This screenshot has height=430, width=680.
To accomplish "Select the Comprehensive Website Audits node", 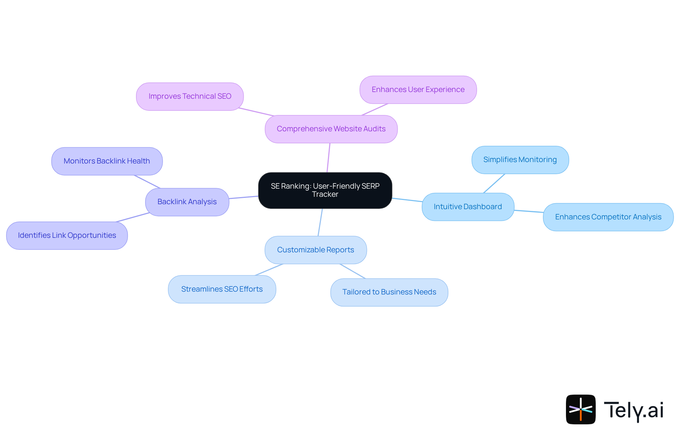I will [x=331, y=129].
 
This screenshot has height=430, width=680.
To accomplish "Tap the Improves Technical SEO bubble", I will [x=190, y=96].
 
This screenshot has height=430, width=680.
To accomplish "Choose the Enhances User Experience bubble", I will [x=418, y=90].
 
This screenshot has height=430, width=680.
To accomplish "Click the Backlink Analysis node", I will [x=187, y=202].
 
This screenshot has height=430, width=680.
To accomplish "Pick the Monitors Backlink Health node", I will [x=107, y=161].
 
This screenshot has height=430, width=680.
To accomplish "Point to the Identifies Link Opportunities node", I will [x=67, y=235].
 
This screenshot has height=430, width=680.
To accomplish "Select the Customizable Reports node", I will [x=316, y=250].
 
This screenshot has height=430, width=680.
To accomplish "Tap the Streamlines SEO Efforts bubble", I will [x=222, y=289].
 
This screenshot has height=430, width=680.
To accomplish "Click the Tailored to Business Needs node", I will [x=389, y=292].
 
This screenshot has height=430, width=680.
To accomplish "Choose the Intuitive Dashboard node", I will [x=467, y=207].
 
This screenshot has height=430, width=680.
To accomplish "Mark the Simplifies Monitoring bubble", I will [x=520, y=160].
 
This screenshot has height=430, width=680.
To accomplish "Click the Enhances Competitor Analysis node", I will [x=608, y=217].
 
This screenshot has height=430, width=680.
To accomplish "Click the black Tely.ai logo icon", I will [x=580, y=409].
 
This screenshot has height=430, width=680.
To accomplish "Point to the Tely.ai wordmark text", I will [x=633, y=410].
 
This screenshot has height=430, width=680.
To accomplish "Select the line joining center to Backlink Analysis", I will [x=244, y=197].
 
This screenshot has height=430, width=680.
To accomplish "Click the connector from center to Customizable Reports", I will [x=320, y=222].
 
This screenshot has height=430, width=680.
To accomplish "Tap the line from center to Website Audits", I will [x=328, y=158].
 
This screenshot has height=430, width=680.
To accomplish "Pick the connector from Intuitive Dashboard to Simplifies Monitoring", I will [x=494, y=183].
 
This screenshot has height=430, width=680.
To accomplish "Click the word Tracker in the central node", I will [x=325, y=194].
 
